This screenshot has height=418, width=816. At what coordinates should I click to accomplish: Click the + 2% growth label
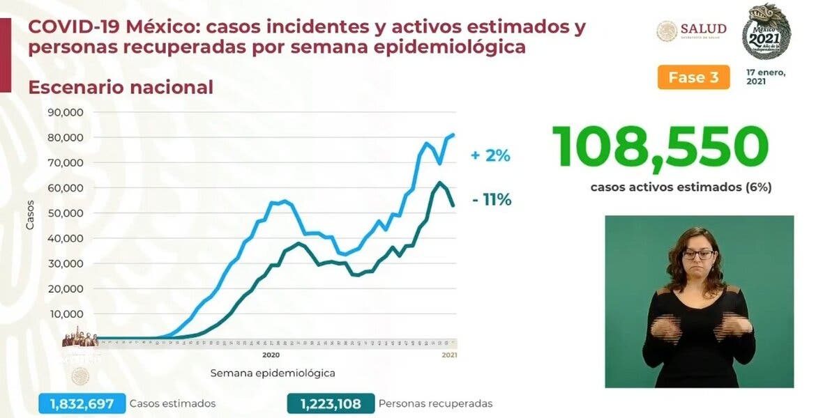pos(490,156)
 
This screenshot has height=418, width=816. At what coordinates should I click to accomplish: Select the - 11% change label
pos(491,200)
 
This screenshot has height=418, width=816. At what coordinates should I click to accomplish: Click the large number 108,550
pos(660,147)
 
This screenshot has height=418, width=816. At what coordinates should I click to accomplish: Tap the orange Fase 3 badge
pos(693,77)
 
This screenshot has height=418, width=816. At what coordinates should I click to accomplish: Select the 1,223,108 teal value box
pos(331,403)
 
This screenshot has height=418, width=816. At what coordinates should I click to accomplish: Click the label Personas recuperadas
pos(435,403)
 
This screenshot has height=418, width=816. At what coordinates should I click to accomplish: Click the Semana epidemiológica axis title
pos(273,373)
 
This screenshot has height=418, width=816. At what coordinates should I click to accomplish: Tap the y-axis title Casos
pos(30,216)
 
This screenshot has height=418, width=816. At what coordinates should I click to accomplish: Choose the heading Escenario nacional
pos(120,87)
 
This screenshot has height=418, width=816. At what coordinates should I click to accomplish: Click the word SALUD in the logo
pos(703,29)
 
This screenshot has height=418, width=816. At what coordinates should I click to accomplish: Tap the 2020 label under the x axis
pos(271,355)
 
